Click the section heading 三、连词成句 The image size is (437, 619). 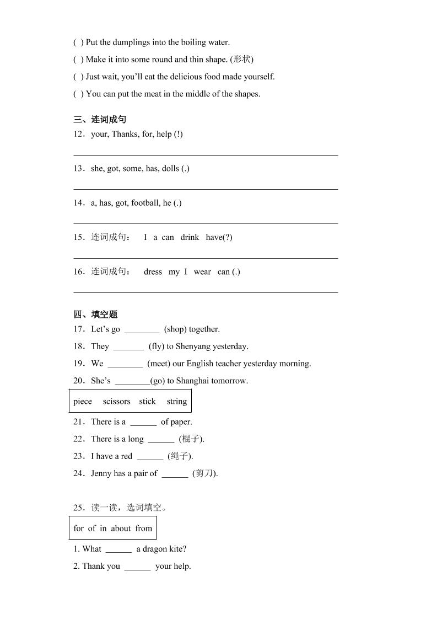pyautogui.click(x=100, y=120)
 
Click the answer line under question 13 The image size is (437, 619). pyautogui.click(x=206, y=189)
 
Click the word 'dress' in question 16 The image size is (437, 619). pyautogui.click(x=153, y=271)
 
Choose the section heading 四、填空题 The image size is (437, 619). pyautogui.click(x=95, y=314)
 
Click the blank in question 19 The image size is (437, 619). pyautogui.click(x=125, y=364)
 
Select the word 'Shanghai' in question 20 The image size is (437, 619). pyautogui.click(x=193, y=381)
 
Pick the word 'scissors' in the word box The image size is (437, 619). pyautogui.click(x=116, y=401)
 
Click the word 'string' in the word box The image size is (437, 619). pyautogui.click(x=177, y=401)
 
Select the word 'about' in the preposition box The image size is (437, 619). pyautogui.click(x=121, y=528)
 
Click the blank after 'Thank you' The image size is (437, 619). pyautogui.click(x=137, y=567)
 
